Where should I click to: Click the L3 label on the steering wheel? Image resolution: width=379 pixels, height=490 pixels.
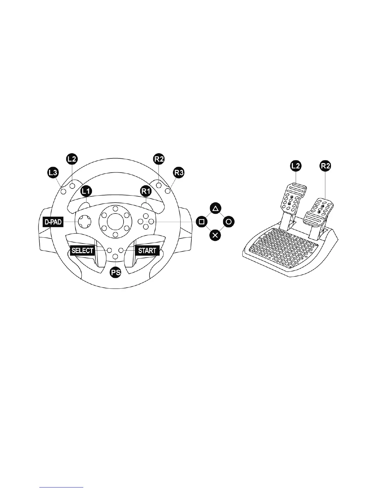[x=53, y=173]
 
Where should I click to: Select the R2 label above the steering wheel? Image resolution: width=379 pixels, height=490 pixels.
[x=159, y=160]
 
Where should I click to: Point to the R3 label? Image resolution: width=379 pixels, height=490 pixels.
[x=179, y=173]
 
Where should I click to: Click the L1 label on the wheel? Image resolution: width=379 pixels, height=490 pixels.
[x=86, y=191]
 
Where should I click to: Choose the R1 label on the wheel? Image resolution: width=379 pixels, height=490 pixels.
[x=146, y=191]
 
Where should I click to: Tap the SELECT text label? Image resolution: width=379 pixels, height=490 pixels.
[x=82, y=250]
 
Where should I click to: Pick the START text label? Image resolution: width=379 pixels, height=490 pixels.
[x=147, y=250]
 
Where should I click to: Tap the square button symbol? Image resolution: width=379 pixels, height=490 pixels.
[x=202, y=221]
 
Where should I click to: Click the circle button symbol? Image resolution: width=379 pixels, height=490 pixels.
[x=229, y=221]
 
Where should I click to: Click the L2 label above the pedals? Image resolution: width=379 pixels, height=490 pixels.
[x=296, y=166]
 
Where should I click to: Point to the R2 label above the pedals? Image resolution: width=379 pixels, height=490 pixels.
[x=325, y=166]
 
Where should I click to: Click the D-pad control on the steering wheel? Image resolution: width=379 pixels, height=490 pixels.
[x=85, y=221]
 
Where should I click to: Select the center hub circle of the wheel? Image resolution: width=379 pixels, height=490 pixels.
[x=115, y=221]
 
